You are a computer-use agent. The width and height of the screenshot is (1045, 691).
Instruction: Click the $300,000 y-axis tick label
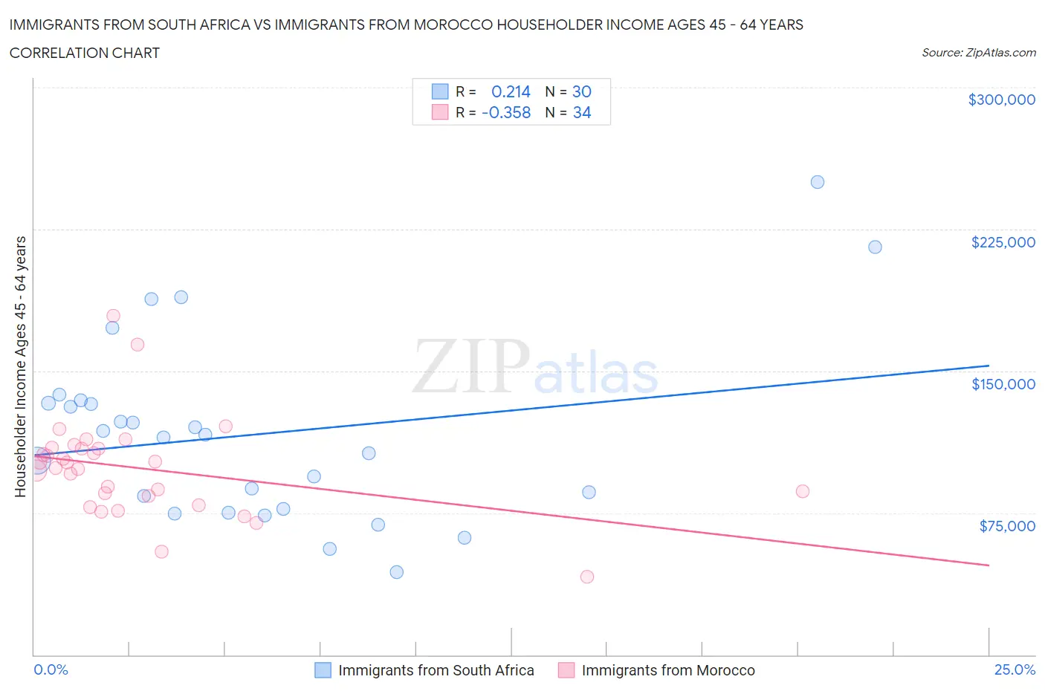[1001, 100]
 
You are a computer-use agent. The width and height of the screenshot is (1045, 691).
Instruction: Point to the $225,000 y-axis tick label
[1003, 242]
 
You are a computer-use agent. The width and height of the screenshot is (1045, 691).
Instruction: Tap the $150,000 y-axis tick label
[1003, 384]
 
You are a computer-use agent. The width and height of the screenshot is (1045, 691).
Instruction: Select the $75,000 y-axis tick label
[1006, 526]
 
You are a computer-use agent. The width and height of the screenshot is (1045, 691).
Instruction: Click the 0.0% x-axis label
[51, 669]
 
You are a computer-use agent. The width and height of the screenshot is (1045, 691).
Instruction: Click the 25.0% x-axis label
[1015, 669]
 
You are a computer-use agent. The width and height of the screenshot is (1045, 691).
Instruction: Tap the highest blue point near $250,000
[817, 182]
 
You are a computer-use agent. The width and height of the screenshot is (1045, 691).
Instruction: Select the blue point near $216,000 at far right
[875, 247]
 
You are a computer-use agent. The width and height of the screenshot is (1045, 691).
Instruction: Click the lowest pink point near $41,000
[586, 577]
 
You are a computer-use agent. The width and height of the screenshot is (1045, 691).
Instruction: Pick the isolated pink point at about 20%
[802, 491]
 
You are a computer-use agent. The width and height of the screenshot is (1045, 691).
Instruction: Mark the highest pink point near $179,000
[113, 316]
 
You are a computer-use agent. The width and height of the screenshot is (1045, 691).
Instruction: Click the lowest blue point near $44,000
[396, 572]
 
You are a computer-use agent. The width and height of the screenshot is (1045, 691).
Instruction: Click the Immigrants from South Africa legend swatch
[323, 670]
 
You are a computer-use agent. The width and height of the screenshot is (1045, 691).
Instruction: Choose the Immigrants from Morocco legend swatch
[566, 670]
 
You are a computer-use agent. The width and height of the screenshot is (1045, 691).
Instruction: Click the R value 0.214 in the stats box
[511, 91]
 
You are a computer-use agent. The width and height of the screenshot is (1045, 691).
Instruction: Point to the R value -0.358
[506, 113]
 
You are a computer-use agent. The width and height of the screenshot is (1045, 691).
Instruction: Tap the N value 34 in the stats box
[581, 113]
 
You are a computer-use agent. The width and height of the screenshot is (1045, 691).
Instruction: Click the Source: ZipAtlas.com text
[978, 53]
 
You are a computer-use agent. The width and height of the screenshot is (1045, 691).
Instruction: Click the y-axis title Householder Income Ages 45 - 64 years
[20, 366]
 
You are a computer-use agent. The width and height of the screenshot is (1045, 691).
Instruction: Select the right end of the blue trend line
[989, 366]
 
